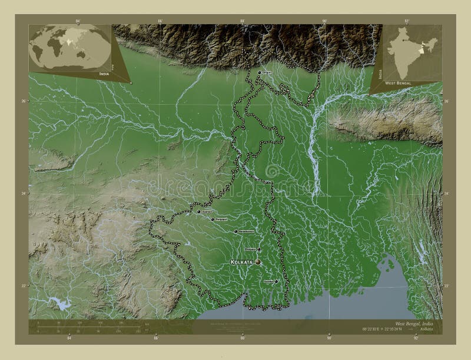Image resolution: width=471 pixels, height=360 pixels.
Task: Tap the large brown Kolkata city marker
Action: (257, 262)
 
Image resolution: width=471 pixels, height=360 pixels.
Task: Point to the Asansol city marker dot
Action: (199, 211)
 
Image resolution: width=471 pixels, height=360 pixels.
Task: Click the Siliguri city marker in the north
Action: (258, 72)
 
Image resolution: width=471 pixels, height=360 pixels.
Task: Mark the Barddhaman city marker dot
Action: (236, 232)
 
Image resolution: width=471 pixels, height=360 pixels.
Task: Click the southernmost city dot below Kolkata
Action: (276, 281)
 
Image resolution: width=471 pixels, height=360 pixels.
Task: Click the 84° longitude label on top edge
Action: (78, 21)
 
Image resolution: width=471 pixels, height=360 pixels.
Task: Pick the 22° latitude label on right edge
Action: (446, 286)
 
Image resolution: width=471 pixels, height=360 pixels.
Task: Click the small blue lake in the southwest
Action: (59, 304)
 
